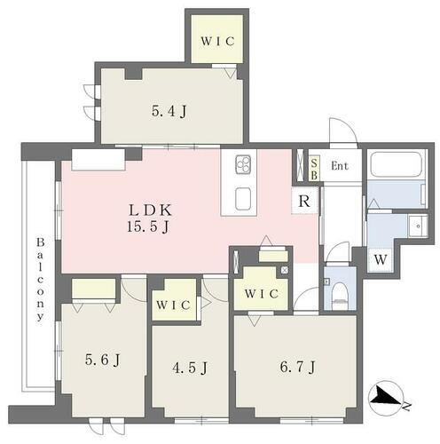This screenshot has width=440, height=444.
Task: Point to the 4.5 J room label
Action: (190, 367)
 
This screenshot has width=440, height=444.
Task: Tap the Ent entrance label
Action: (340, 166)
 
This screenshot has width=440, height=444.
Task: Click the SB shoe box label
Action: (314, 166)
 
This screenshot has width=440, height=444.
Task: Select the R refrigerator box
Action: (304, 200)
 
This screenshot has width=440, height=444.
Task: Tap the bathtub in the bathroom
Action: (396, 165)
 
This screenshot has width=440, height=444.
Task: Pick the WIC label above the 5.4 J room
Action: (216, 41)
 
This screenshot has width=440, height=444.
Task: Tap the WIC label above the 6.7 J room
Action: (262, 293)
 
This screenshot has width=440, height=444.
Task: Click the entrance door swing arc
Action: (342, 131)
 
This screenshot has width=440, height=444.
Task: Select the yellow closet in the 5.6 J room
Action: (93, 289)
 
